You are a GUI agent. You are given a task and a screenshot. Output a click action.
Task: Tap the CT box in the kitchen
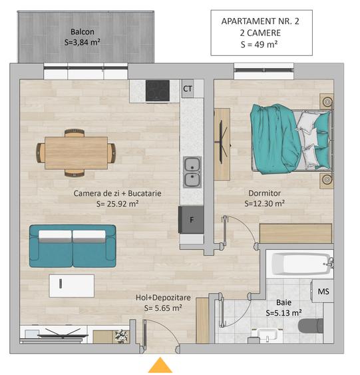(188, 88)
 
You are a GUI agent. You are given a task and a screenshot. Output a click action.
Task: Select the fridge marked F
(192, 219)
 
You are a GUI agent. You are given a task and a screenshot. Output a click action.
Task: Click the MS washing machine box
(323, 291)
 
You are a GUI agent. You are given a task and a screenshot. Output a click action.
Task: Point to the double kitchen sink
(192, 171)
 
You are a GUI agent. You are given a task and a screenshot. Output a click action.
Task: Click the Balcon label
(83, 31)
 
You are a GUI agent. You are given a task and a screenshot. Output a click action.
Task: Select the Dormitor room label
(264, 193)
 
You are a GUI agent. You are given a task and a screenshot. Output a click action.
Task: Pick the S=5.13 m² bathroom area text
(283, 312)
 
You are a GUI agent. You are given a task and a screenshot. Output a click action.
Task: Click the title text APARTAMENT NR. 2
(260, 21)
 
